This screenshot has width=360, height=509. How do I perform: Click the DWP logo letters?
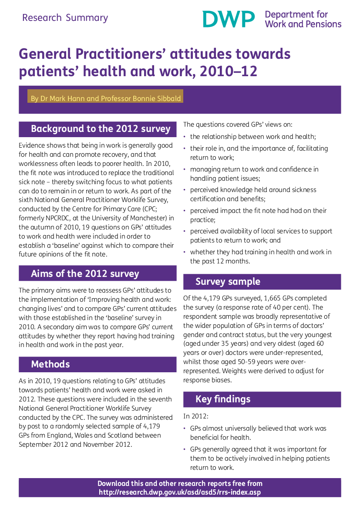[229, 19]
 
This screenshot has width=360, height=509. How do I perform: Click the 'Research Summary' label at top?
[65, 18]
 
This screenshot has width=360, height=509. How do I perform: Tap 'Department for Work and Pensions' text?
[303, 20]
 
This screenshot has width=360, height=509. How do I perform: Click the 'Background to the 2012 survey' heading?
[101, 129]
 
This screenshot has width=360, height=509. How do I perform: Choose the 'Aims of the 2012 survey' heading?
[85, 273]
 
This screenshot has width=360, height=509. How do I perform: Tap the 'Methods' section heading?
[50, 364]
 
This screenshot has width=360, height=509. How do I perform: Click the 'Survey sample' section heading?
[228, 281]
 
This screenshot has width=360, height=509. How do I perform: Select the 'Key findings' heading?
[223, 399]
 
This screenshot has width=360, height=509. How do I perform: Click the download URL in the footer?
[180, 492]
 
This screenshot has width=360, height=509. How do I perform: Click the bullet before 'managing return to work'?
[185, 169]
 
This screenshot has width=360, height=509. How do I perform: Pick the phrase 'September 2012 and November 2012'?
[75, 445]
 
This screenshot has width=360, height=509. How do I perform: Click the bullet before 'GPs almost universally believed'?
[185, 428]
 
